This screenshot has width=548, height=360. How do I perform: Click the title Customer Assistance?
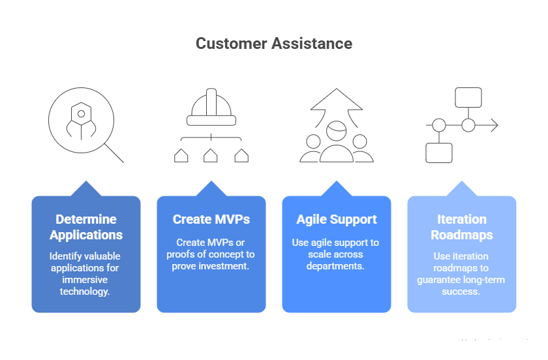point(274,44)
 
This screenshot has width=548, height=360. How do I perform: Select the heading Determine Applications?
point(85,227)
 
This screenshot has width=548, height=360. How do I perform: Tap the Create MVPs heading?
point(211,220)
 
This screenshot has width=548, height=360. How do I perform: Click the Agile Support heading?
point(336,220)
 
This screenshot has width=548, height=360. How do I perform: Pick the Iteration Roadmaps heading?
point(461,227)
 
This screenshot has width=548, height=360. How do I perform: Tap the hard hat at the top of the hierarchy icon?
point(210,108)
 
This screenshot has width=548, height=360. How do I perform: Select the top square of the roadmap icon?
point(468,97)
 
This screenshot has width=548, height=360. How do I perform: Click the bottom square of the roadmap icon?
point(438,153)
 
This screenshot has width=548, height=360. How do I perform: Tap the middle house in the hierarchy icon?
point(210,155)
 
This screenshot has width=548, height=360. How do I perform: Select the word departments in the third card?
point(336,267)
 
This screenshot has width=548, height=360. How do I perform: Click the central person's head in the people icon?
point(336,130)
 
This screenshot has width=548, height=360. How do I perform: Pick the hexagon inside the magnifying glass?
point(80,113)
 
